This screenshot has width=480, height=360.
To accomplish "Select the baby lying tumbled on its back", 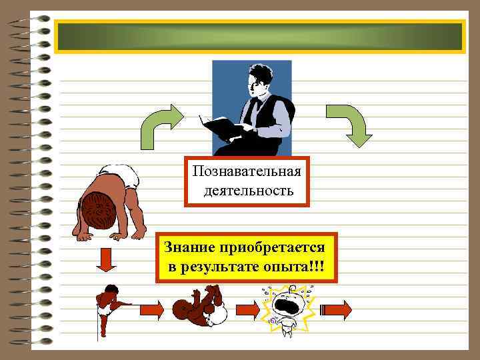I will (201, 307).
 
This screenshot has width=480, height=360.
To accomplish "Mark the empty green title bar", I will (260, 37).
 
